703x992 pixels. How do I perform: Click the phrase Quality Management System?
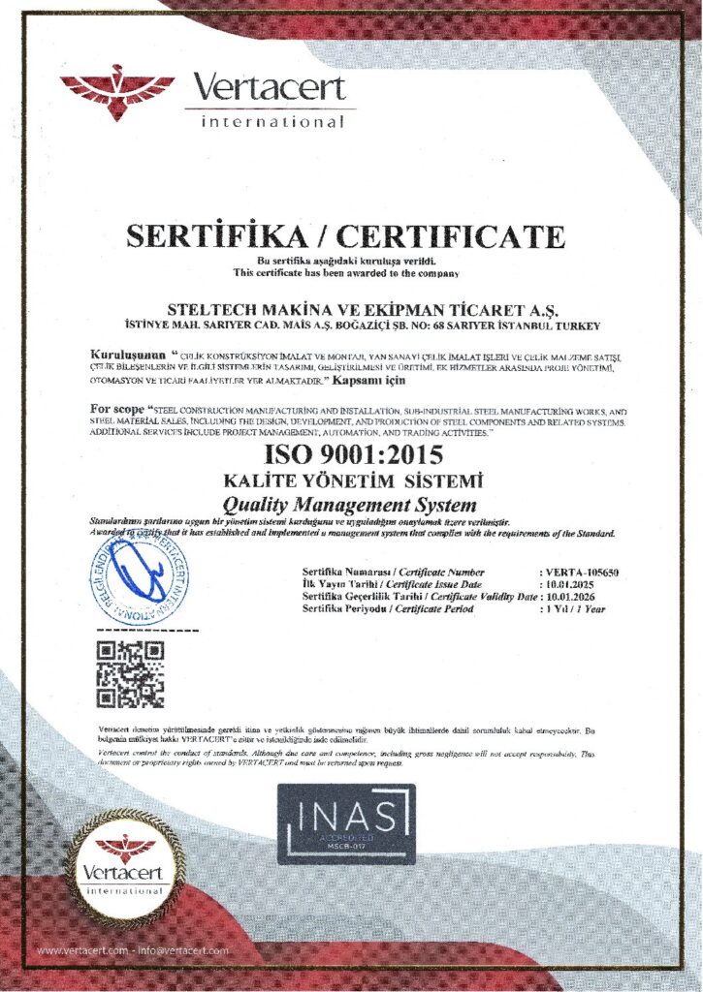click(350, 504)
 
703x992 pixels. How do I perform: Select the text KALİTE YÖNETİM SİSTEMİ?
click(350, 480)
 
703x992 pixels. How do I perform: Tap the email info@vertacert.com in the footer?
click(184, 950)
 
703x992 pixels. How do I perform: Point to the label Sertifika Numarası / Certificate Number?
click(393, 573)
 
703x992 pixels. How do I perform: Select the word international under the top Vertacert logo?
click(272, 123)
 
